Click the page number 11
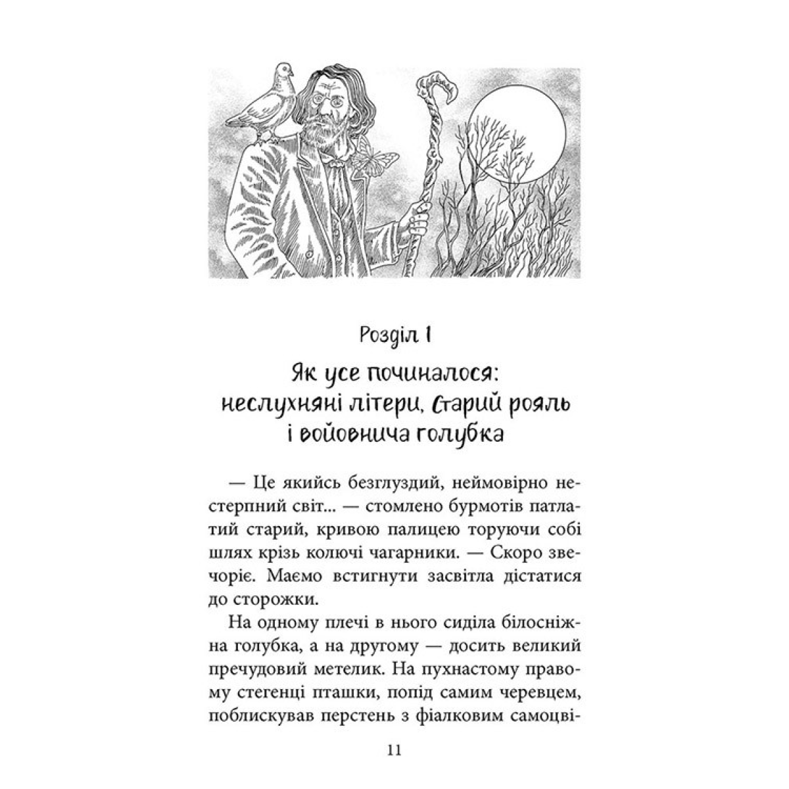(x=394, y=752)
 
